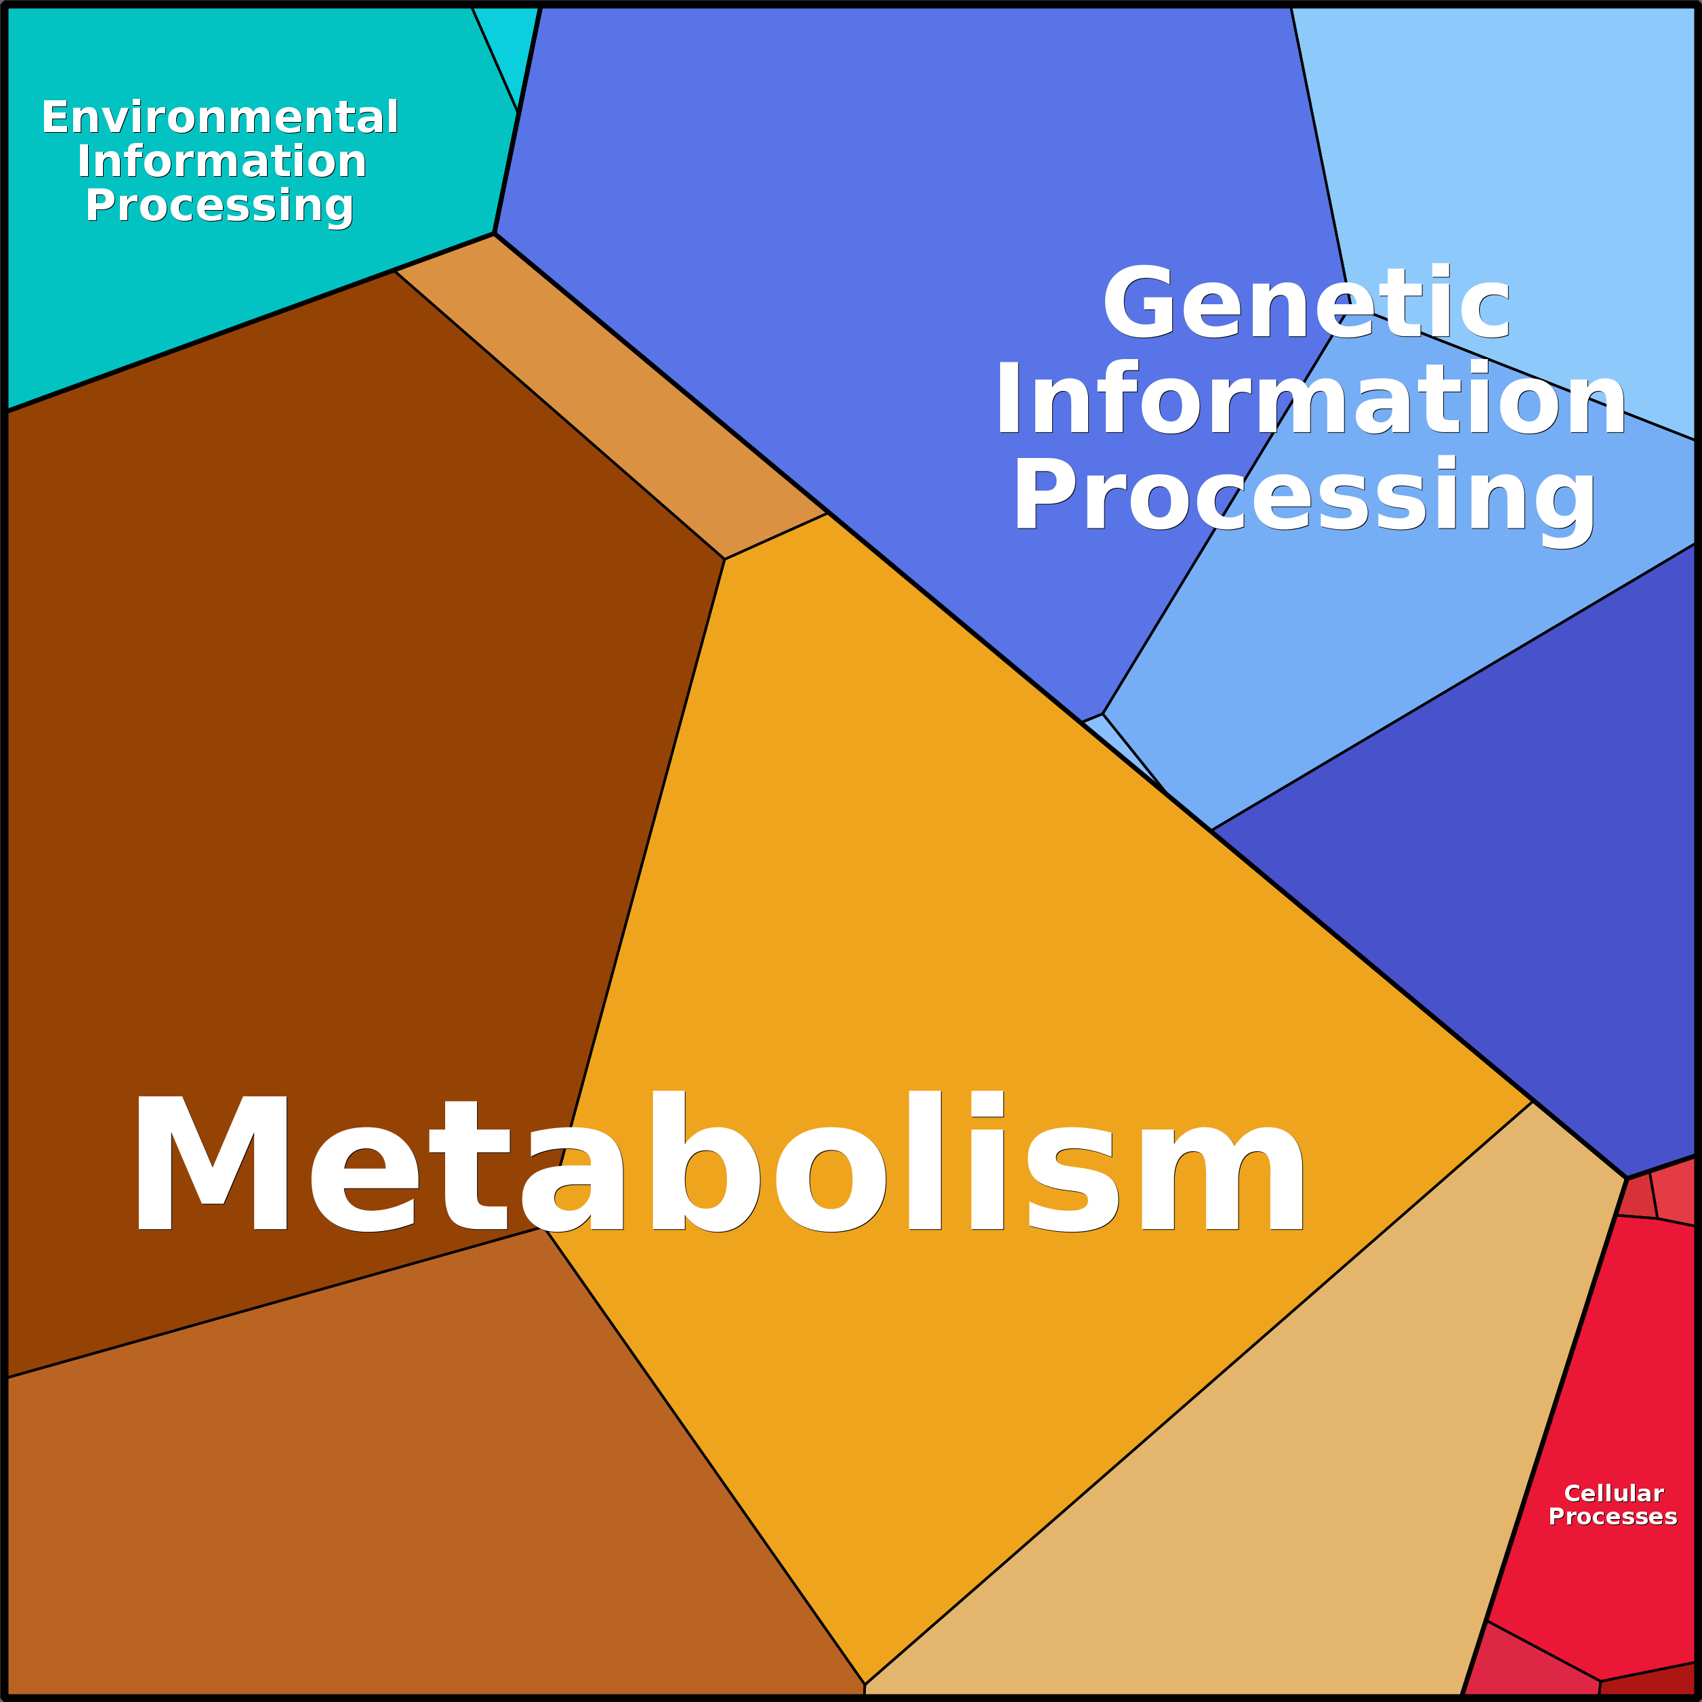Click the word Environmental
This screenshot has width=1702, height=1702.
pyautogui.click(x=220, y=117)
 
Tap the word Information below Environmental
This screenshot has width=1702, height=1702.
pyautogui.click(x=221, y=161)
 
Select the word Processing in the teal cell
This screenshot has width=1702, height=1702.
pyautogui.click(x=220, y=206)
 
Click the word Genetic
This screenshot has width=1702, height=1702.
pyautogui.click(x=1306, y=302)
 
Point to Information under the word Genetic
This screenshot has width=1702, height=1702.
pyautogui.click(x=1310, y=399)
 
